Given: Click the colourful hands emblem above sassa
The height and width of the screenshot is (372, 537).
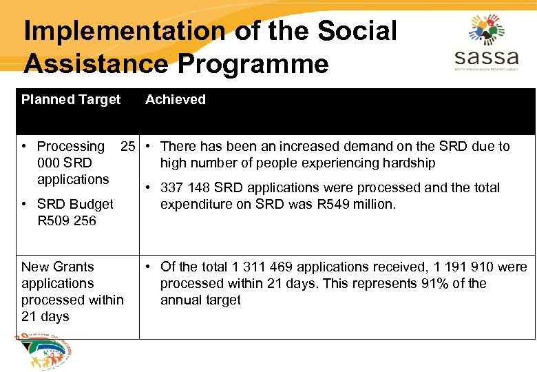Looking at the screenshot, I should click(487, 29).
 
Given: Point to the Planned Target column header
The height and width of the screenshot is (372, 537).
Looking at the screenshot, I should click(71, 100).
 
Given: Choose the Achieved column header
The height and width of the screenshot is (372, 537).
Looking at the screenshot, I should click(176, 100).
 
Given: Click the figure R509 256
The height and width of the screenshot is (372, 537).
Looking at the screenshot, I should click(67, 221).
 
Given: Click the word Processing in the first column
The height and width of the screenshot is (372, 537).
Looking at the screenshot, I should click(70, 147).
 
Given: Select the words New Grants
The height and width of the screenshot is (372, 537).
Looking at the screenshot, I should click(58, 267).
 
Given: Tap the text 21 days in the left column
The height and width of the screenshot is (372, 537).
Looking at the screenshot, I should click(45, 316).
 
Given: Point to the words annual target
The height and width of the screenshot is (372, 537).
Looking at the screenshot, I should click(200, 300).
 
